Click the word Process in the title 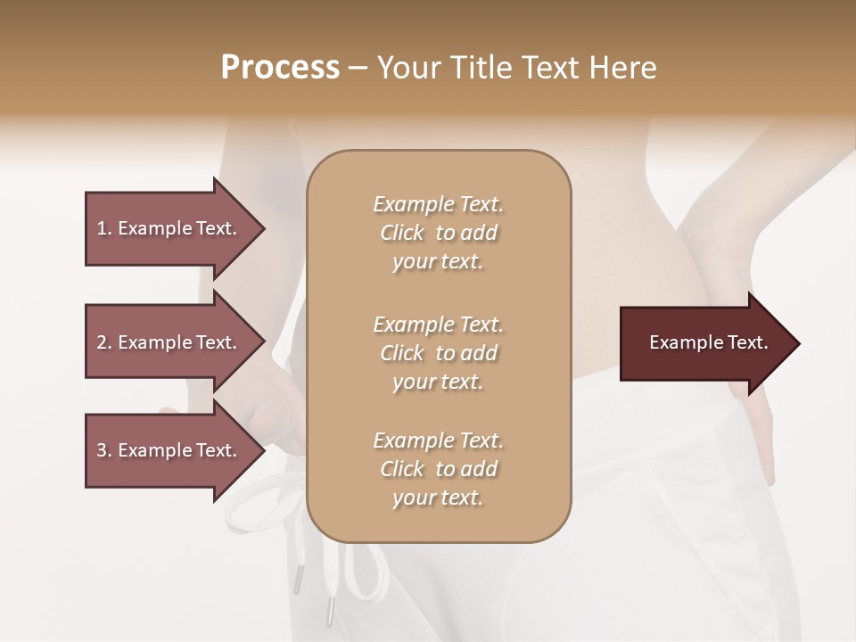pyautogui.click(x=280, y=68)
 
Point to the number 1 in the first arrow pyautogui.click(x=102, y=228)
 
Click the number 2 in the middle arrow pyautogui.click(x=102, y=342)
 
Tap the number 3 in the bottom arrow pyautogui.click(x=102, y=450)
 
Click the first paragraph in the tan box pyautogui.click(x=438, y=233)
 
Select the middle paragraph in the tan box pyautogui.click(x=438, y=353)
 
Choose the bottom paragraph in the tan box pyautogui.click(x=438, y=469)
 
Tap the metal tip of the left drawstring pyautogui.click(x=329, y=611)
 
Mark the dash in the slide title pyautogui.click(x=358, y=68)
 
